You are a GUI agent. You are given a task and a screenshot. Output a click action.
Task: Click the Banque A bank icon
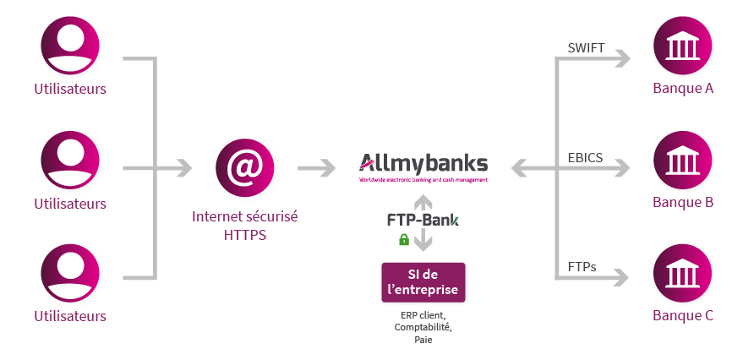(682, 46)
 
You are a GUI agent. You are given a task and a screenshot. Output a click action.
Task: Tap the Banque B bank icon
(682, 160)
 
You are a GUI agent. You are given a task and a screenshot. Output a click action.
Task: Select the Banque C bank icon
(682, 273)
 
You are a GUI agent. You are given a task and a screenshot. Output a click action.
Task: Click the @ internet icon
(244, 167)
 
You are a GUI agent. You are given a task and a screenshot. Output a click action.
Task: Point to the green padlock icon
(404, 239)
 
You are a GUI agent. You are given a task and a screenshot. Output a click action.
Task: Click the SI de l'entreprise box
(423, 282)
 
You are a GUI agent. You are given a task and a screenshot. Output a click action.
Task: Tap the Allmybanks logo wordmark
(423, 163)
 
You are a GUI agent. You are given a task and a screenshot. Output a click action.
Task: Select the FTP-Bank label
(423, 221)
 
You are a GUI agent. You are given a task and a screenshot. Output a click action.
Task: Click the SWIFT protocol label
(586, 48)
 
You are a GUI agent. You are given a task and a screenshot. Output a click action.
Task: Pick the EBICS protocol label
(585, 158)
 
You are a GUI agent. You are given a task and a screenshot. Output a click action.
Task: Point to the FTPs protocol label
(582, 267)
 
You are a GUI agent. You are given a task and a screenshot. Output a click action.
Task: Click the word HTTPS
(245, 235)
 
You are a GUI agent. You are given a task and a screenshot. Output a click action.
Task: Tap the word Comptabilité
(423, 327)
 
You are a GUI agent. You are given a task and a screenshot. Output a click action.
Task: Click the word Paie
(423, 340)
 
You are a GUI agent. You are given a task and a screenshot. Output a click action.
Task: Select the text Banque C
(683, 315)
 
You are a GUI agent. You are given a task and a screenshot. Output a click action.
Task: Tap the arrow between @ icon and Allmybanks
(316, 167)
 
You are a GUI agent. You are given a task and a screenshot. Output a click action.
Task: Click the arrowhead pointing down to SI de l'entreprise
(423, 244)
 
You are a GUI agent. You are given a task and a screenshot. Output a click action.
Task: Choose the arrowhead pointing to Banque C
(620, 277)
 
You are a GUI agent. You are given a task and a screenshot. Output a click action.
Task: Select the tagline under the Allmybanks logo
(423, 180)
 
